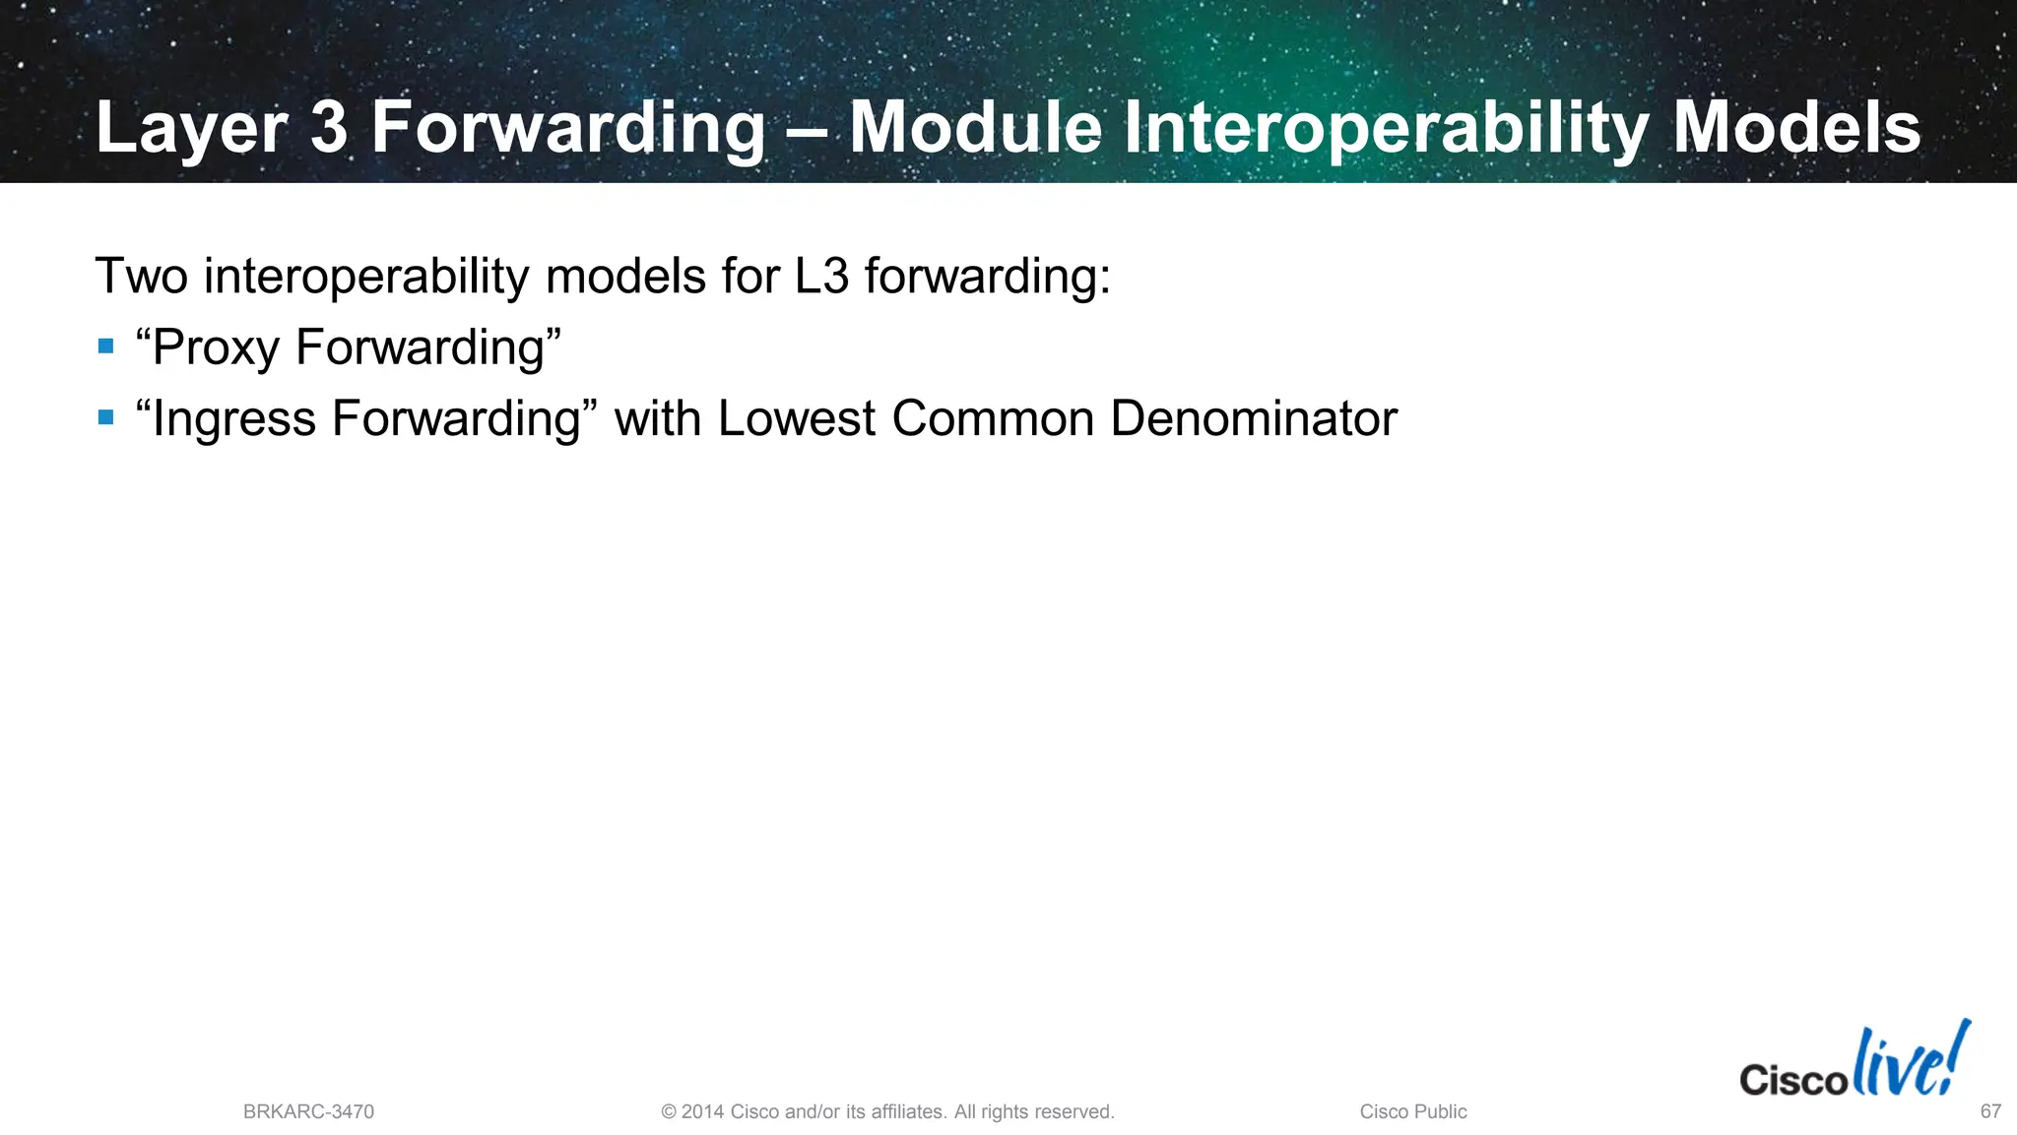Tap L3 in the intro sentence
(x=821, y=276)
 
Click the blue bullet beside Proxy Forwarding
(x=106, y=347)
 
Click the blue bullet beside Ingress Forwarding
(x=106, y=417)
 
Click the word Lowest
(x=796, y=417)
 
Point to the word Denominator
(x=1253, y=417)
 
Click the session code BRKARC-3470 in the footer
(x=308, y=1111)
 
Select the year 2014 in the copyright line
(x=702, y=1111)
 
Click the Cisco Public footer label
(x=1412, y=1111)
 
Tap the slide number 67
(x=1990, y=1111)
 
